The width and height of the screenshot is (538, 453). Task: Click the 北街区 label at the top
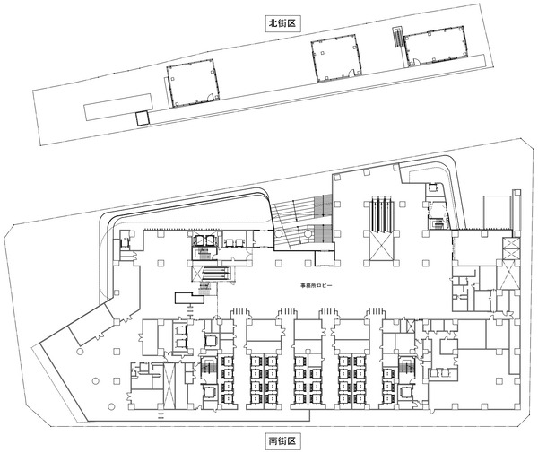coord(282,23)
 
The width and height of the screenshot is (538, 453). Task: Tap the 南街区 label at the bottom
coord(282,440)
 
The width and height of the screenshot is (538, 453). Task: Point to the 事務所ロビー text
coord(316,285)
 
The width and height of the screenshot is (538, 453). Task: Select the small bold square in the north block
coord(143,118)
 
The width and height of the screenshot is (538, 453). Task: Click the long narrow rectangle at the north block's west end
coord(118,107)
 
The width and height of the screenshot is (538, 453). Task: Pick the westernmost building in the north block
coord(193,83)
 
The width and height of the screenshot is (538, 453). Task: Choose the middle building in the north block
coord(336,57)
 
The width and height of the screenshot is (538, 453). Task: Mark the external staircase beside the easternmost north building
coord(398,37)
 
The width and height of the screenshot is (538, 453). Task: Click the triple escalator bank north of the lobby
coord(382,213)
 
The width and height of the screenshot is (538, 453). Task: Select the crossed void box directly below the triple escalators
coord(382,247)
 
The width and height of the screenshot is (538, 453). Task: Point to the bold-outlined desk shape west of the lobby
coord(189,298)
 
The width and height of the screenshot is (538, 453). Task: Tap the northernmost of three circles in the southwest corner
coord(81,352)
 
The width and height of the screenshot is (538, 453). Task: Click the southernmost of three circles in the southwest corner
coord(110,406)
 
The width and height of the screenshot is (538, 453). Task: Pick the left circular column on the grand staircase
coord(279,234)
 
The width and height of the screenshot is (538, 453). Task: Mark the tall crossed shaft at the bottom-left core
coord(169,386)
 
